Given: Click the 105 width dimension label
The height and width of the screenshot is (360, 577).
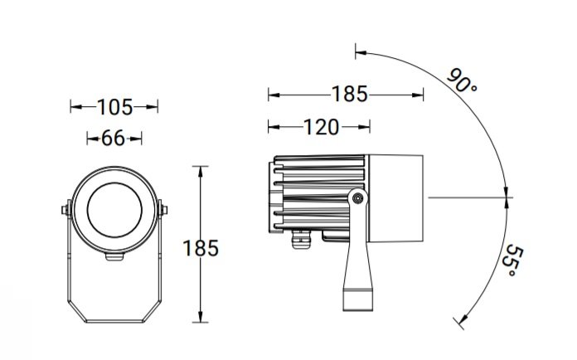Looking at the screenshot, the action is pyautogui.click(x=114, y=108).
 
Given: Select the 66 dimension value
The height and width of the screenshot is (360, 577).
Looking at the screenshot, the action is pyautogui.click(x=113, y=139).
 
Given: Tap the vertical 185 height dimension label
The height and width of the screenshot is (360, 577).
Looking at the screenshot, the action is pyautogui.click(x=201, y=248).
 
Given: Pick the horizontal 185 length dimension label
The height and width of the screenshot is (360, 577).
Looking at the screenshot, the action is pyautogui.click(x=350, y=94).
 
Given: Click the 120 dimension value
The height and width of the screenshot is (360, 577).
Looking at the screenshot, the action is pyautogui.click(x=322, y=128).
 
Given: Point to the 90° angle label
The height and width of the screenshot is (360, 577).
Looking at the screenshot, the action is pyautogui.click(x=462, y=80).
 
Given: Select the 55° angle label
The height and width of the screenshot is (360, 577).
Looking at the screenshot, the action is pyautogui.click(x=512, y=260).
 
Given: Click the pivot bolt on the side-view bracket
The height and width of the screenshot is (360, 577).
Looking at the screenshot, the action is pyautogui.click(x=357, y=199).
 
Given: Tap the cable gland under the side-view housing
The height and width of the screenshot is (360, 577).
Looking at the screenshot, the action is pyautogui.click(x=301, y=239).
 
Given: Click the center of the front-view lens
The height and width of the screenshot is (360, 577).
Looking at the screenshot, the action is pyautogui.click(x=114, y=210).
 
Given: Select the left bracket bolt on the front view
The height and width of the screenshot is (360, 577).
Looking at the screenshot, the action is pyautogui.click(x=65, y=210).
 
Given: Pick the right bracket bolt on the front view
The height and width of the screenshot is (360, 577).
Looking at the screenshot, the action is pyautogui.click(x=162, y=210).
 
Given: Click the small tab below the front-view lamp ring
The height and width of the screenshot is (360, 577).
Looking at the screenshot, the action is pyautogui.click(x=114, y=256).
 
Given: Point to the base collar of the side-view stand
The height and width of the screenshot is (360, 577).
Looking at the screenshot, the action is pyautogui.click(x=357, y=299).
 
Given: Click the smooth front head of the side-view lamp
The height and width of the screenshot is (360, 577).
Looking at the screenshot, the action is pyautogui.click(x=395, y=198).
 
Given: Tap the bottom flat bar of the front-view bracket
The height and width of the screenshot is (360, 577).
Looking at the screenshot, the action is pyautogui.click(x=114, y=321).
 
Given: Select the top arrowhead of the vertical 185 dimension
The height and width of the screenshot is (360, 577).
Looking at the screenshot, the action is pyautogui.click(x=200, y=172).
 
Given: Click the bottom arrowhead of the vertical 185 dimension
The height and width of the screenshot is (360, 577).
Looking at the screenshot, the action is pyautogui.click(x=200, y=317).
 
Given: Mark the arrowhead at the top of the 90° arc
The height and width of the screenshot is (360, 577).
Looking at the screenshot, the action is pyautogui.click(x=361, y=53).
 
